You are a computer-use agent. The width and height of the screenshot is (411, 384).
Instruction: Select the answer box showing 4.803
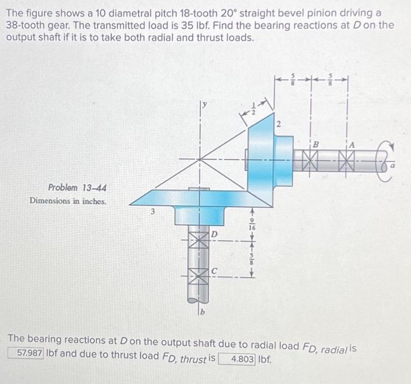coord(237,359)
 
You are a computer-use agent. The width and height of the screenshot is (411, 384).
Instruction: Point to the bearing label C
coord(214,271)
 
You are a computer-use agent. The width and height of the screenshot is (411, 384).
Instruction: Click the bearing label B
coord(315,143)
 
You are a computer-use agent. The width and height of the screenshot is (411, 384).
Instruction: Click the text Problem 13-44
coord(78,188)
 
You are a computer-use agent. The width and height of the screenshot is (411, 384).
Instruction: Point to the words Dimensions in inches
coord(68,201)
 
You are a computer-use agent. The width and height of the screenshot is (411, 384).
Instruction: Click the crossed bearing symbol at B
coord(311,158)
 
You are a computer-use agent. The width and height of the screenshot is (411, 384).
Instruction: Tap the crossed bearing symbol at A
coord(348,158)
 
